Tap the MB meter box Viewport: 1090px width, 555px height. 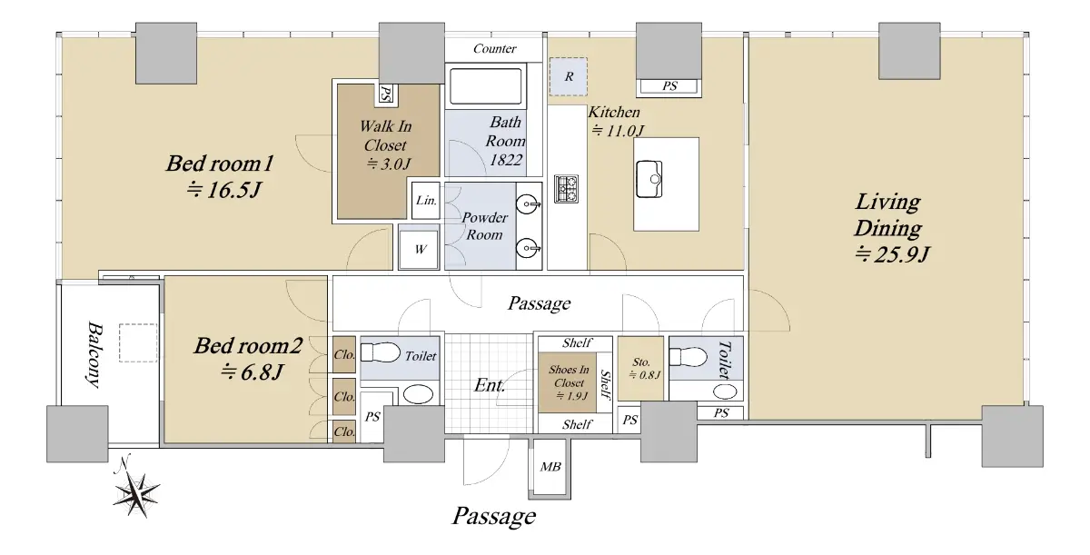[x=550, y=468]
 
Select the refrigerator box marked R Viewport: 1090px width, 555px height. [x=569, y=77]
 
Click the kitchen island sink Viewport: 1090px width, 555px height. [x=649, y=179]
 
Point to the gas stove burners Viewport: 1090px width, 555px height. [x=567, y=189]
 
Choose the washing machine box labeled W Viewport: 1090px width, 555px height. [x=419, y=249]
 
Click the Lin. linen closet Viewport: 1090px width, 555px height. [x=426, y=201]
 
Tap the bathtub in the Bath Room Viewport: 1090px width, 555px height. [x=486, y=86]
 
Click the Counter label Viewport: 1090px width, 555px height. [x=494, y=49]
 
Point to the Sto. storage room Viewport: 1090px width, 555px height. [x=641, y=368]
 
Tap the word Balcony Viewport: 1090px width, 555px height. [x=94, y=353]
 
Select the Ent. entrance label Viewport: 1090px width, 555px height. [x=490, y=386]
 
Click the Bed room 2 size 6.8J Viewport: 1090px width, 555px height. [x=253, y=372]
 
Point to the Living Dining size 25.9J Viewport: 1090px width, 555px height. [x=892, y=254]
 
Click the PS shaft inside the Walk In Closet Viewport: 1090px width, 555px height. [x=386, y=94]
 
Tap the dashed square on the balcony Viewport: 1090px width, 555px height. [x=138, y=342]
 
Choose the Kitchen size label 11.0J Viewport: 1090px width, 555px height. [x=618, y=131]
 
